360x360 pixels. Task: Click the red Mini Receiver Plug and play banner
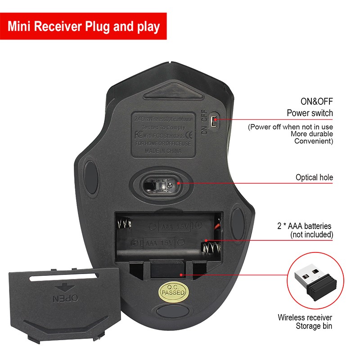tap(84, 27)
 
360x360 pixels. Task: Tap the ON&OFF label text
tap(316, 101)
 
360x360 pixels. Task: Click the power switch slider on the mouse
tap(215, 119)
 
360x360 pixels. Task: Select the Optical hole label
tap(314, 177)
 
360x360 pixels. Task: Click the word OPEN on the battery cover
tap(66, 298)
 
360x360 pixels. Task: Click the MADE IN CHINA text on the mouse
tap(163, 152)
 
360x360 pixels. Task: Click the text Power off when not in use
tap(291, 127)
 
